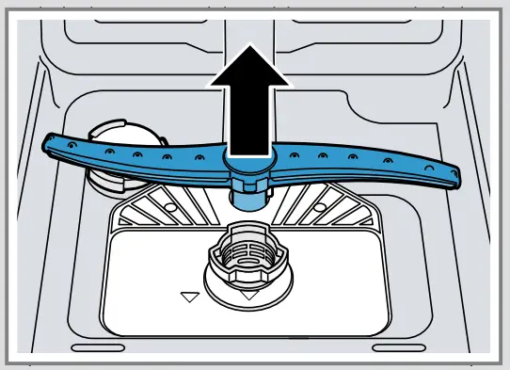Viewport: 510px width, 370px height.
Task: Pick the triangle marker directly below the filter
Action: coord(248,295)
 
